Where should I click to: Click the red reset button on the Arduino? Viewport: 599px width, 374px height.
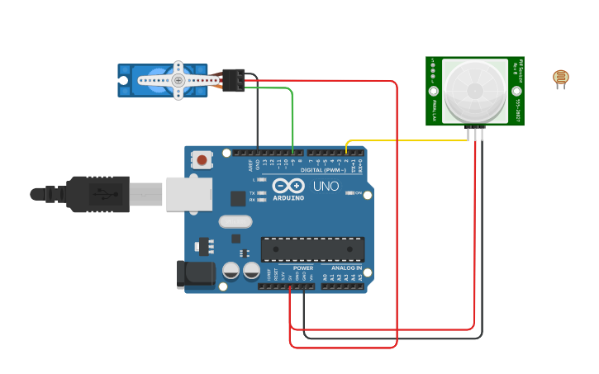pyautogui.click(x=201, y=159)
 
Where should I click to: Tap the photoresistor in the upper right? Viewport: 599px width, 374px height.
pyautogui.click(x=561, y=78)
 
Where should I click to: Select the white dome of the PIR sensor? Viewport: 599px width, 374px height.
pyautogui.click(x=474, y=89)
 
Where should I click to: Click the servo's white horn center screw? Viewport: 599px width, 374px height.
pyautogui.click(x=178, y=80)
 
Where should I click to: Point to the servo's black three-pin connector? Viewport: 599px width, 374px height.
pyautogui.click(x=233, y=80)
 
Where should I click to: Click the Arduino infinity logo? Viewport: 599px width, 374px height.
pyautogui.click(x=283, y=187)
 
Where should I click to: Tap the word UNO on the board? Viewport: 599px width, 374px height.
pyautogui.click(x=326, y=187)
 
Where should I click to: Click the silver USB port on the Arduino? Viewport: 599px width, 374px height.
pyautogui.click(x=188, y=194)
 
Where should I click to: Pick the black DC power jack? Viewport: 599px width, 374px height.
pyautogui.click(x=195, y=275)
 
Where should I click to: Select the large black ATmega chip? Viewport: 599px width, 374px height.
pyautogui.click(x=312, y=249)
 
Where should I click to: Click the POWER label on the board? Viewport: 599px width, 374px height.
pyautogui.click(x=303, y=268)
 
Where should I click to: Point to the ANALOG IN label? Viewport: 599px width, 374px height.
pyautogui.click(x=347, y=268)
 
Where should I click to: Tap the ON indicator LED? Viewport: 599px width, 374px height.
pyautogui.click(x=348, y=193)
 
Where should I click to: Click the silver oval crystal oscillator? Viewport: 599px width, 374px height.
pyautogui.click(x=235, y=221)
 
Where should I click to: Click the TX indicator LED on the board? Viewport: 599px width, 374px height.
pyautogui.click(x=262, y=192)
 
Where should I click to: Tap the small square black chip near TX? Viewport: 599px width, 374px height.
pyautogui.click(x=238, y=198)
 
